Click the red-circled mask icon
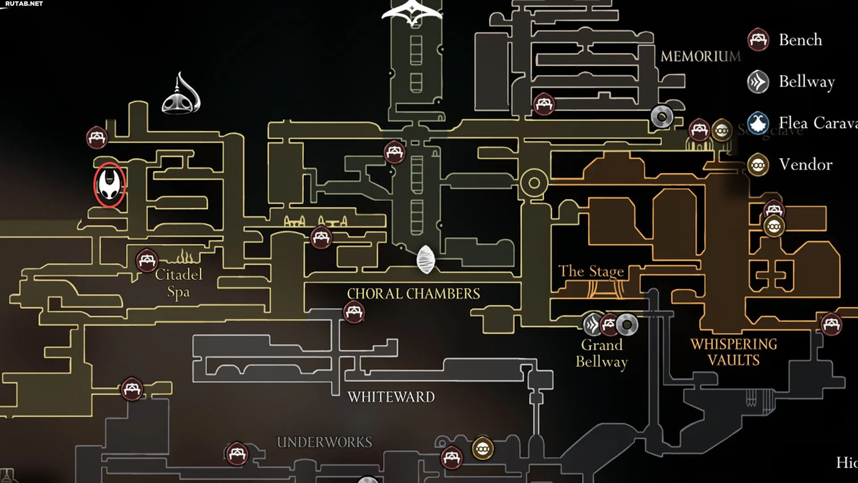(x=110, y=183)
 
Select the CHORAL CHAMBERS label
(x=413, y=293)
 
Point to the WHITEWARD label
(x=390, y=396)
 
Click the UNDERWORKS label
(x=325, y=442)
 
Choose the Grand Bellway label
(x=601, y=353)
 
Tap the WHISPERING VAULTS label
(x=734, y=352)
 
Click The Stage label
(x=591, y=271)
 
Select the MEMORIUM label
(x=700, y=56)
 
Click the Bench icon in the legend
(x=758, y=39)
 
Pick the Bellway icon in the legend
(x=758, y=82)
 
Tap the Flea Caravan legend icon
(x=758, y=123)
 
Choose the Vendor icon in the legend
(x=758, y=165)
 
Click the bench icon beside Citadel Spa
(x=147, y=259)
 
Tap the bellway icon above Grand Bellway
(x=593, y=324)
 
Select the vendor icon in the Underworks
(x=483, y=449)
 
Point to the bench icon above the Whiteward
(x=353, y=312)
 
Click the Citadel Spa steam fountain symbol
(x=185, y=255)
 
